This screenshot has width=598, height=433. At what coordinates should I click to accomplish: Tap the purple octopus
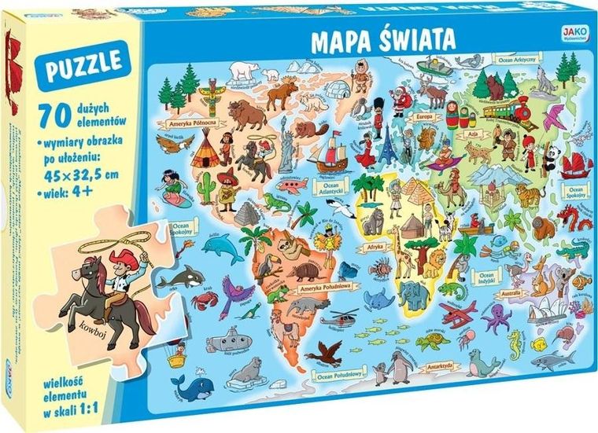(x=496, y=318)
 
